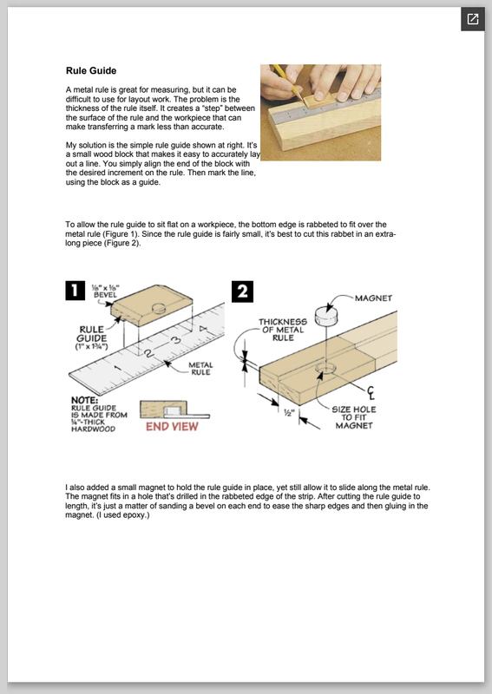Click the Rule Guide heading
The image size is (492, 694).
[x=91, y=71]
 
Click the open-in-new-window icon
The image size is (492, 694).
[x=473, y=19]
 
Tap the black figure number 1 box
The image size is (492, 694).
[x=75, y=291]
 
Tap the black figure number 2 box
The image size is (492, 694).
[x=242, y=291]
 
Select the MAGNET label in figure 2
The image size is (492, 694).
[x=373, y=298]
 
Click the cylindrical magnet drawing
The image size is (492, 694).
[x=326, y=316]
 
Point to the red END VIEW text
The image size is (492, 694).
[x=173, y=427]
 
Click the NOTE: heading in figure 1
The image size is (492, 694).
[x=84, y=401]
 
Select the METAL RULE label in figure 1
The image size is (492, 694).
[x=200, y=368]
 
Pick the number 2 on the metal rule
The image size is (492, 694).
[x=148, y=352]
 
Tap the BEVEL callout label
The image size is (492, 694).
[x=105, y=291]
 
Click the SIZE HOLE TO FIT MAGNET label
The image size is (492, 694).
[x=354, y=417]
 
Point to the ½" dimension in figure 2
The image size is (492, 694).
[x=289, y=413]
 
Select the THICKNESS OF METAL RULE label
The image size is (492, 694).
[x=283, y=330]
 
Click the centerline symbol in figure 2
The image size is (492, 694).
[x=371, y=393]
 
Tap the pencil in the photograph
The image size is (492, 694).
[x=287, y=82]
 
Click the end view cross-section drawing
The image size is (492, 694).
[x=174, y=409]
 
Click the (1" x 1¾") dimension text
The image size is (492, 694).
[x=91, y=346]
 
